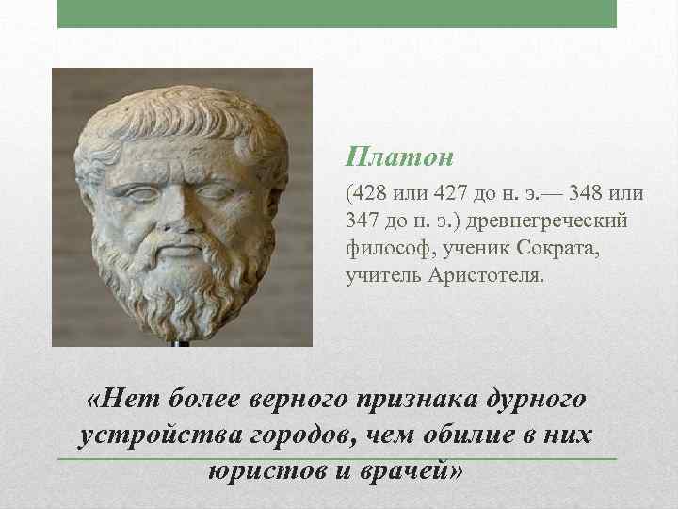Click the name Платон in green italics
coord(388,154)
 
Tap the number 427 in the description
coord(448,194)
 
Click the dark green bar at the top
coord(337,13)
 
